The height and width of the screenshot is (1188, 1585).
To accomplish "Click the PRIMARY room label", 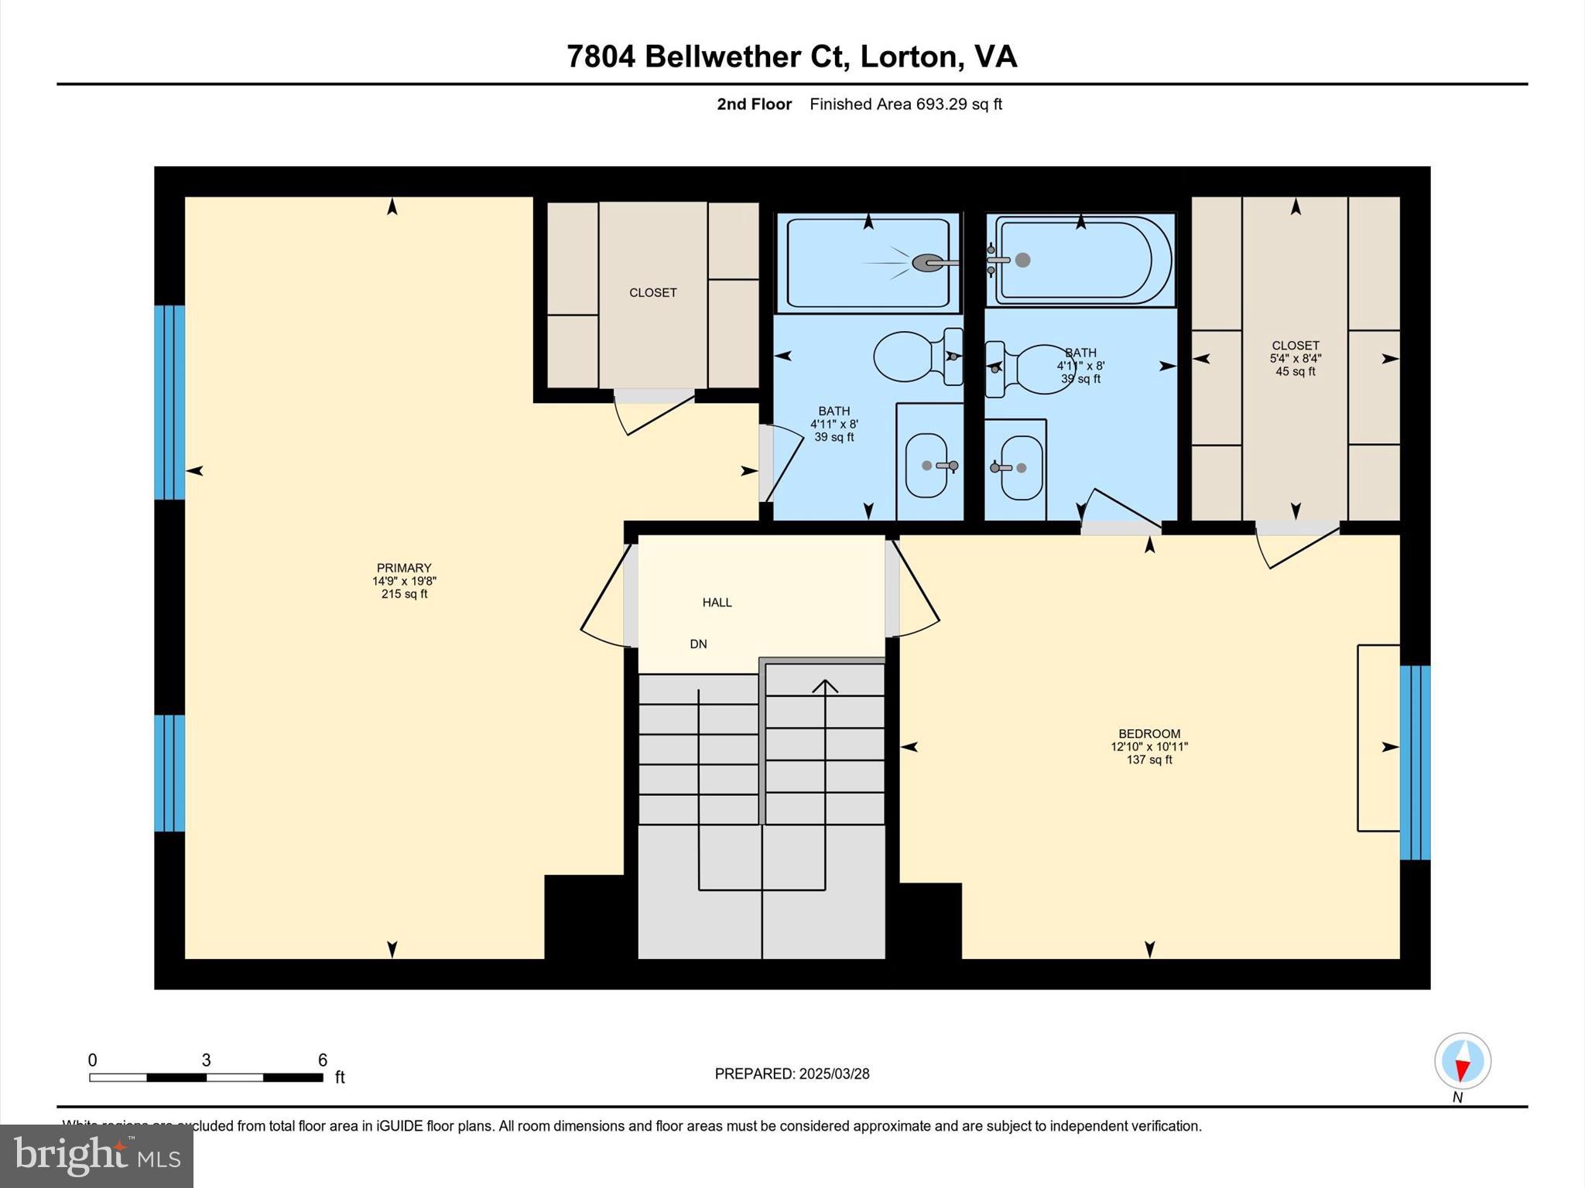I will coord(403,568).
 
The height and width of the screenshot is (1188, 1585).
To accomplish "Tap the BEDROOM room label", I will coord(1149,733).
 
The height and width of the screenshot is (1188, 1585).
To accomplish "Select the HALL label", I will coord(717,602).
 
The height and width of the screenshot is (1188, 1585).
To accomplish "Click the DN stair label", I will coord(698,643).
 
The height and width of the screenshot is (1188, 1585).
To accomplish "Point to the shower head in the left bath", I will coord(926,263).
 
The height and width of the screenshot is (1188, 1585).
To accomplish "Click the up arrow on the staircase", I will coord(825,687).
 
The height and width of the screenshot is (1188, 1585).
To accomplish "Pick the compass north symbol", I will coord(1462,1061).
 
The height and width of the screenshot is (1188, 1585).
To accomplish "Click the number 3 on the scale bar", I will coord(206,1060).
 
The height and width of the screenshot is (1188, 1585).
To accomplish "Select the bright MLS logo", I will coord(96,1156).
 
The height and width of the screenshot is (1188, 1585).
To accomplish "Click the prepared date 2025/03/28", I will coord(834,1074).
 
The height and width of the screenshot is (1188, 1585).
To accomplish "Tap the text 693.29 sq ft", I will coord(959,104).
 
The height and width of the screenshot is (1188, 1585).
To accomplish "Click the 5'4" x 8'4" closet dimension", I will coord(1295,358).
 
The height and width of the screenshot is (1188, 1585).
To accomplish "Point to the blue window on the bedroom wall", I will coord(1415,762).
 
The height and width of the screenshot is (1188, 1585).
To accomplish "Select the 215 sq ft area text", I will coord(403,594).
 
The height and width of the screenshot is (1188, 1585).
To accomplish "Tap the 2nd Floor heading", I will coord(754,104).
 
